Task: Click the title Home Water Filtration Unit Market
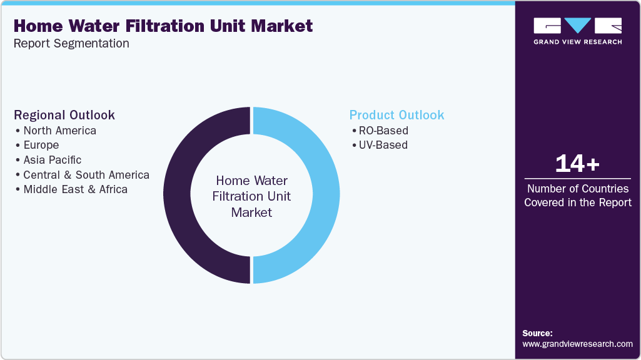click(x=163, y=26)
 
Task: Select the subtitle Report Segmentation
click(x=71, y=43)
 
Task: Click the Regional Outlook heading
click(x=64, y=115)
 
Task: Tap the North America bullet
click(x=59, y=131)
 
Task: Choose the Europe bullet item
click(x=41, y=145)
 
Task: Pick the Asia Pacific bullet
click(x=53, y=160)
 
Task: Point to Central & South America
click(x=86, y=174)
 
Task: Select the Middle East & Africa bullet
click(x=75, y=189)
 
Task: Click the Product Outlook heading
click(x=396, y=115)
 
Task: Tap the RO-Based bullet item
click(x=383, y=131)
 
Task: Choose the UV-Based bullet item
click(x=382, y=145)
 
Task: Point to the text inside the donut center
click(x=251, y=196)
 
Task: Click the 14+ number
click(x=577, y=164)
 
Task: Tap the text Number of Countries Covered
click(x=577, y=195)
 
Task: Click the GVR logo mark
click(x=577, y=26)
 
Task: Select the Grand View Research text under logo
click(x=577, y=42)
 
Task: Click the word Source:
click(x=537, y=333)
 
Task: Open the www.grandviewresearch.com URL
click(x=577, y=344)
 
